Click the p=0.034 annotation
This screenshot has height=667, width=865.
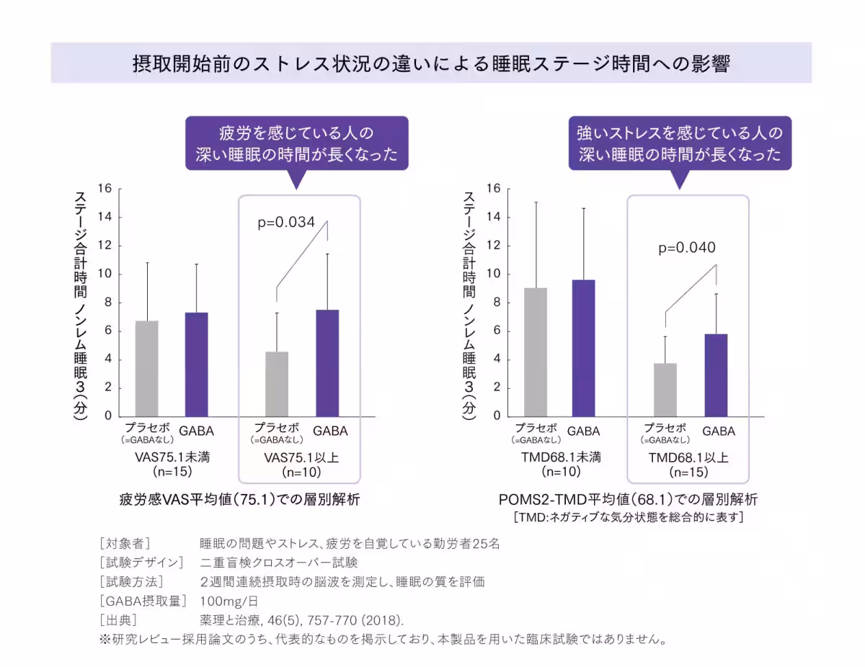pyautogui.click(x=286, y=223)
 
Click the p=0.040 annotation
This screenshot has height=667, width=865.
pyautogui.click(x=686, y=249)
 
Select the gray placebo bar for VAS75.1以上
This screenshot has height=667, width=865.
pyautogui.click(x=277, y=384)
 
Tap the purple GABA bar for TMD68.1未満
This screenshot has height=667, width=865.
pyautogui.click(x=583, y=348)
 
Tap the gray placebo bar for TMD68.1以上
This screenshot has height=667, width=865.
pyautogui.click(x=665, y=390)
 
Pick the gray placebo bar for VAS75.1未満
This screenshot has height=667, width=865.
pyautogui.click(x=147, y=369)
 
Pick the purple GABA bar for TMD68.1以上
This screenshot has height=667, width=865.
pyautogui.click(x=716, y=375)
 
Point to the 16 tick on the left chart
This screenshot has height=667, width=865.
pyautogui.click(x=105, y=189)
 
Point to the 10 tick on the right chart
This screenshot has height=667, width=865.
pyautogui.click(x=494, y=274)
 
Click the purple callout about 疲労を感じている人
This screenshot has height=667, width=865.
pyautogui.click(x=296, y=144)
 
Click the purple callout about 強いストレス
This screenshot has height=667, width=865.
pyautogui.click(x=680, y=144)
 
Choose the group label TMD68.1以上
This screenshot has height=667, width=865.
pyautogui.click(x=688, y=457)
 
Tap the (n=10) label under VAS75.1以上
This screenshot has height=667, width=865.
pyautogui.click(x=301, y=473)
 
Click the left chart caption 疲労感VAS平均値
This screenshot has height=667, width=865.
pyautogui.click(x=239, y=500)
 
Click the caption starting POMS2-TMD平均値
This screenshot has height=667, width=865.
pyautogui.click(x=627, y=499)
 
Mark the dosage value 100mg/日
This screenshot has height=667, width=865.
pyautogui.click(x=229, y=601)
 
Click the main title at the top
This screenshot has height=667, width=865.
pyautogui.click(x=431, y=63)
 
